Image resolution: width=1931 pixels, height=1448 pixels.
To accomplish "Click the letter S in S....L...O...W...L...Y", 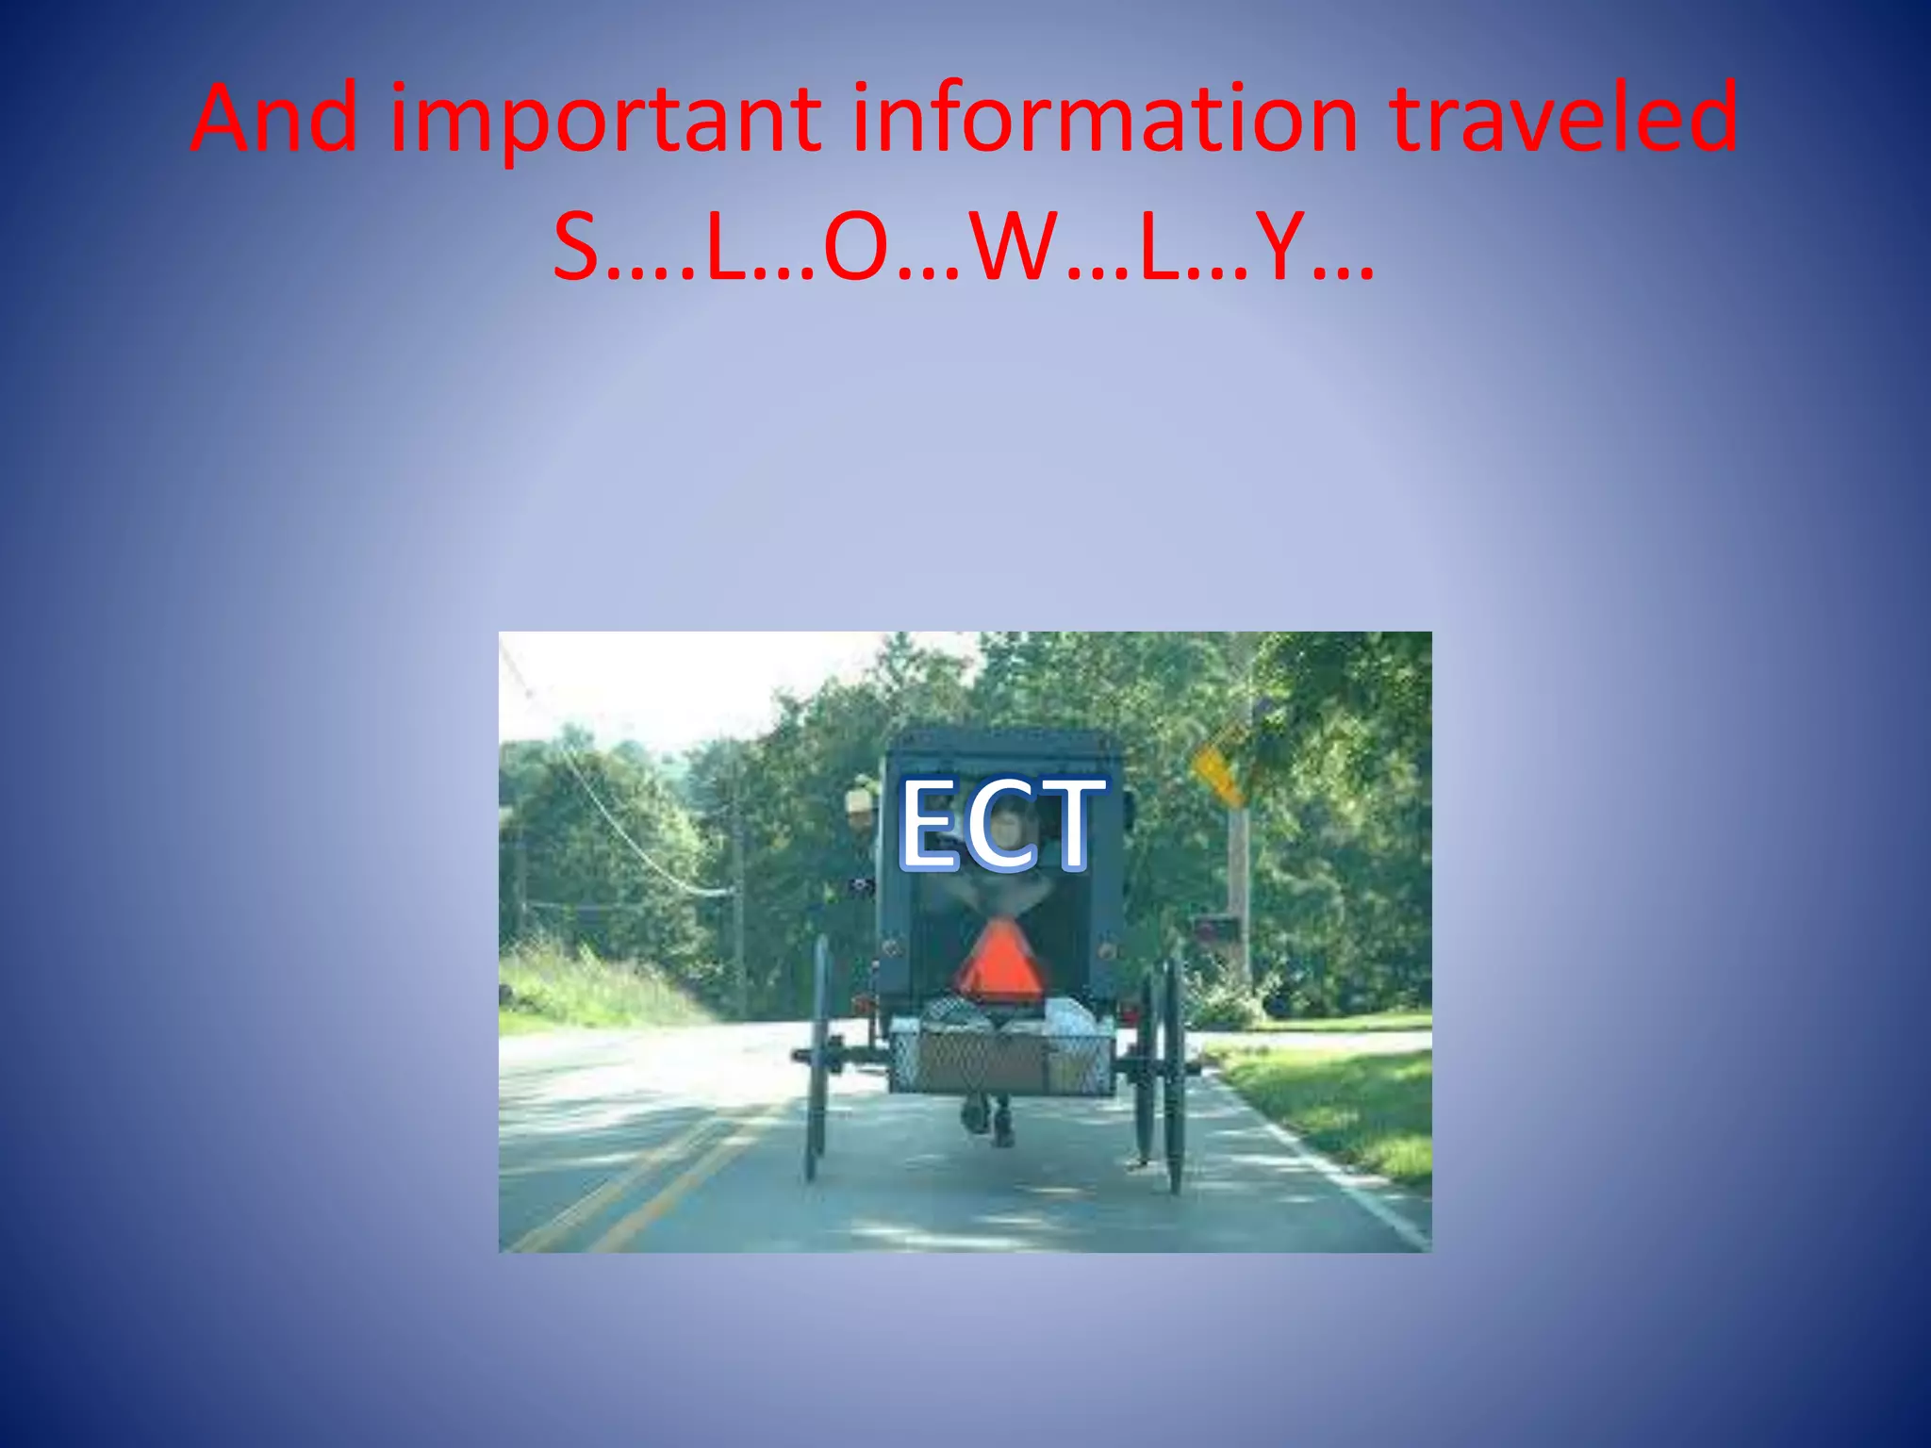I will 576,247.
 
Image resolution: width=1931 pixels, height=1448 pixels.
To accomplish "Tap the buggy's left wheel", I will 817,1056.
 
